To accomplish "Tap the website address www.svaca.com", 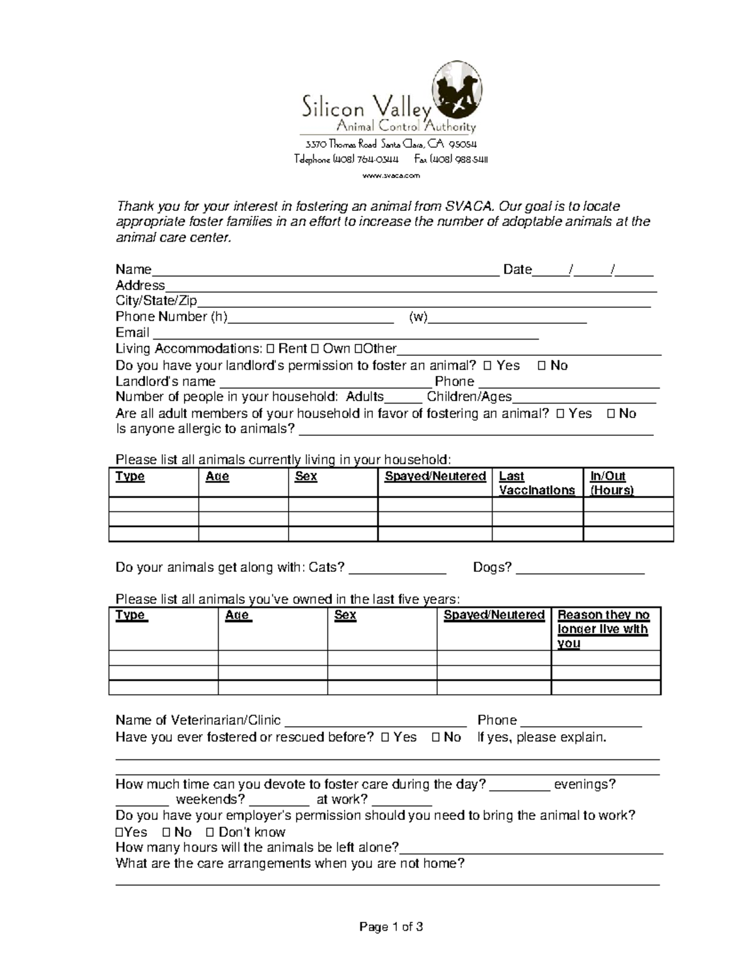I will point(391,176).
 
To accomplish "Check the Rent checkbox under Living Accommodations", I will point(271,349).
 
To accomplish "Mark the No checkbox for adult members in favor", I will point(610,414).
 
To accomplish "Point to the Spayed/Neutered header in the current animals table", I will point(435,476).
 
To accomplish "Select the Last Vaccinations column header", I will point(537,483).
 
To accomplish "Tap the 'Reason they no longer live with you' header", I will point(603,628).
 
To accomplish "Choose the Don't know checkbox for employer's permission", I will point(211,833).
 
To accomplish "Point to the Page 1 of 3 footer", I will point(391,926).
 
